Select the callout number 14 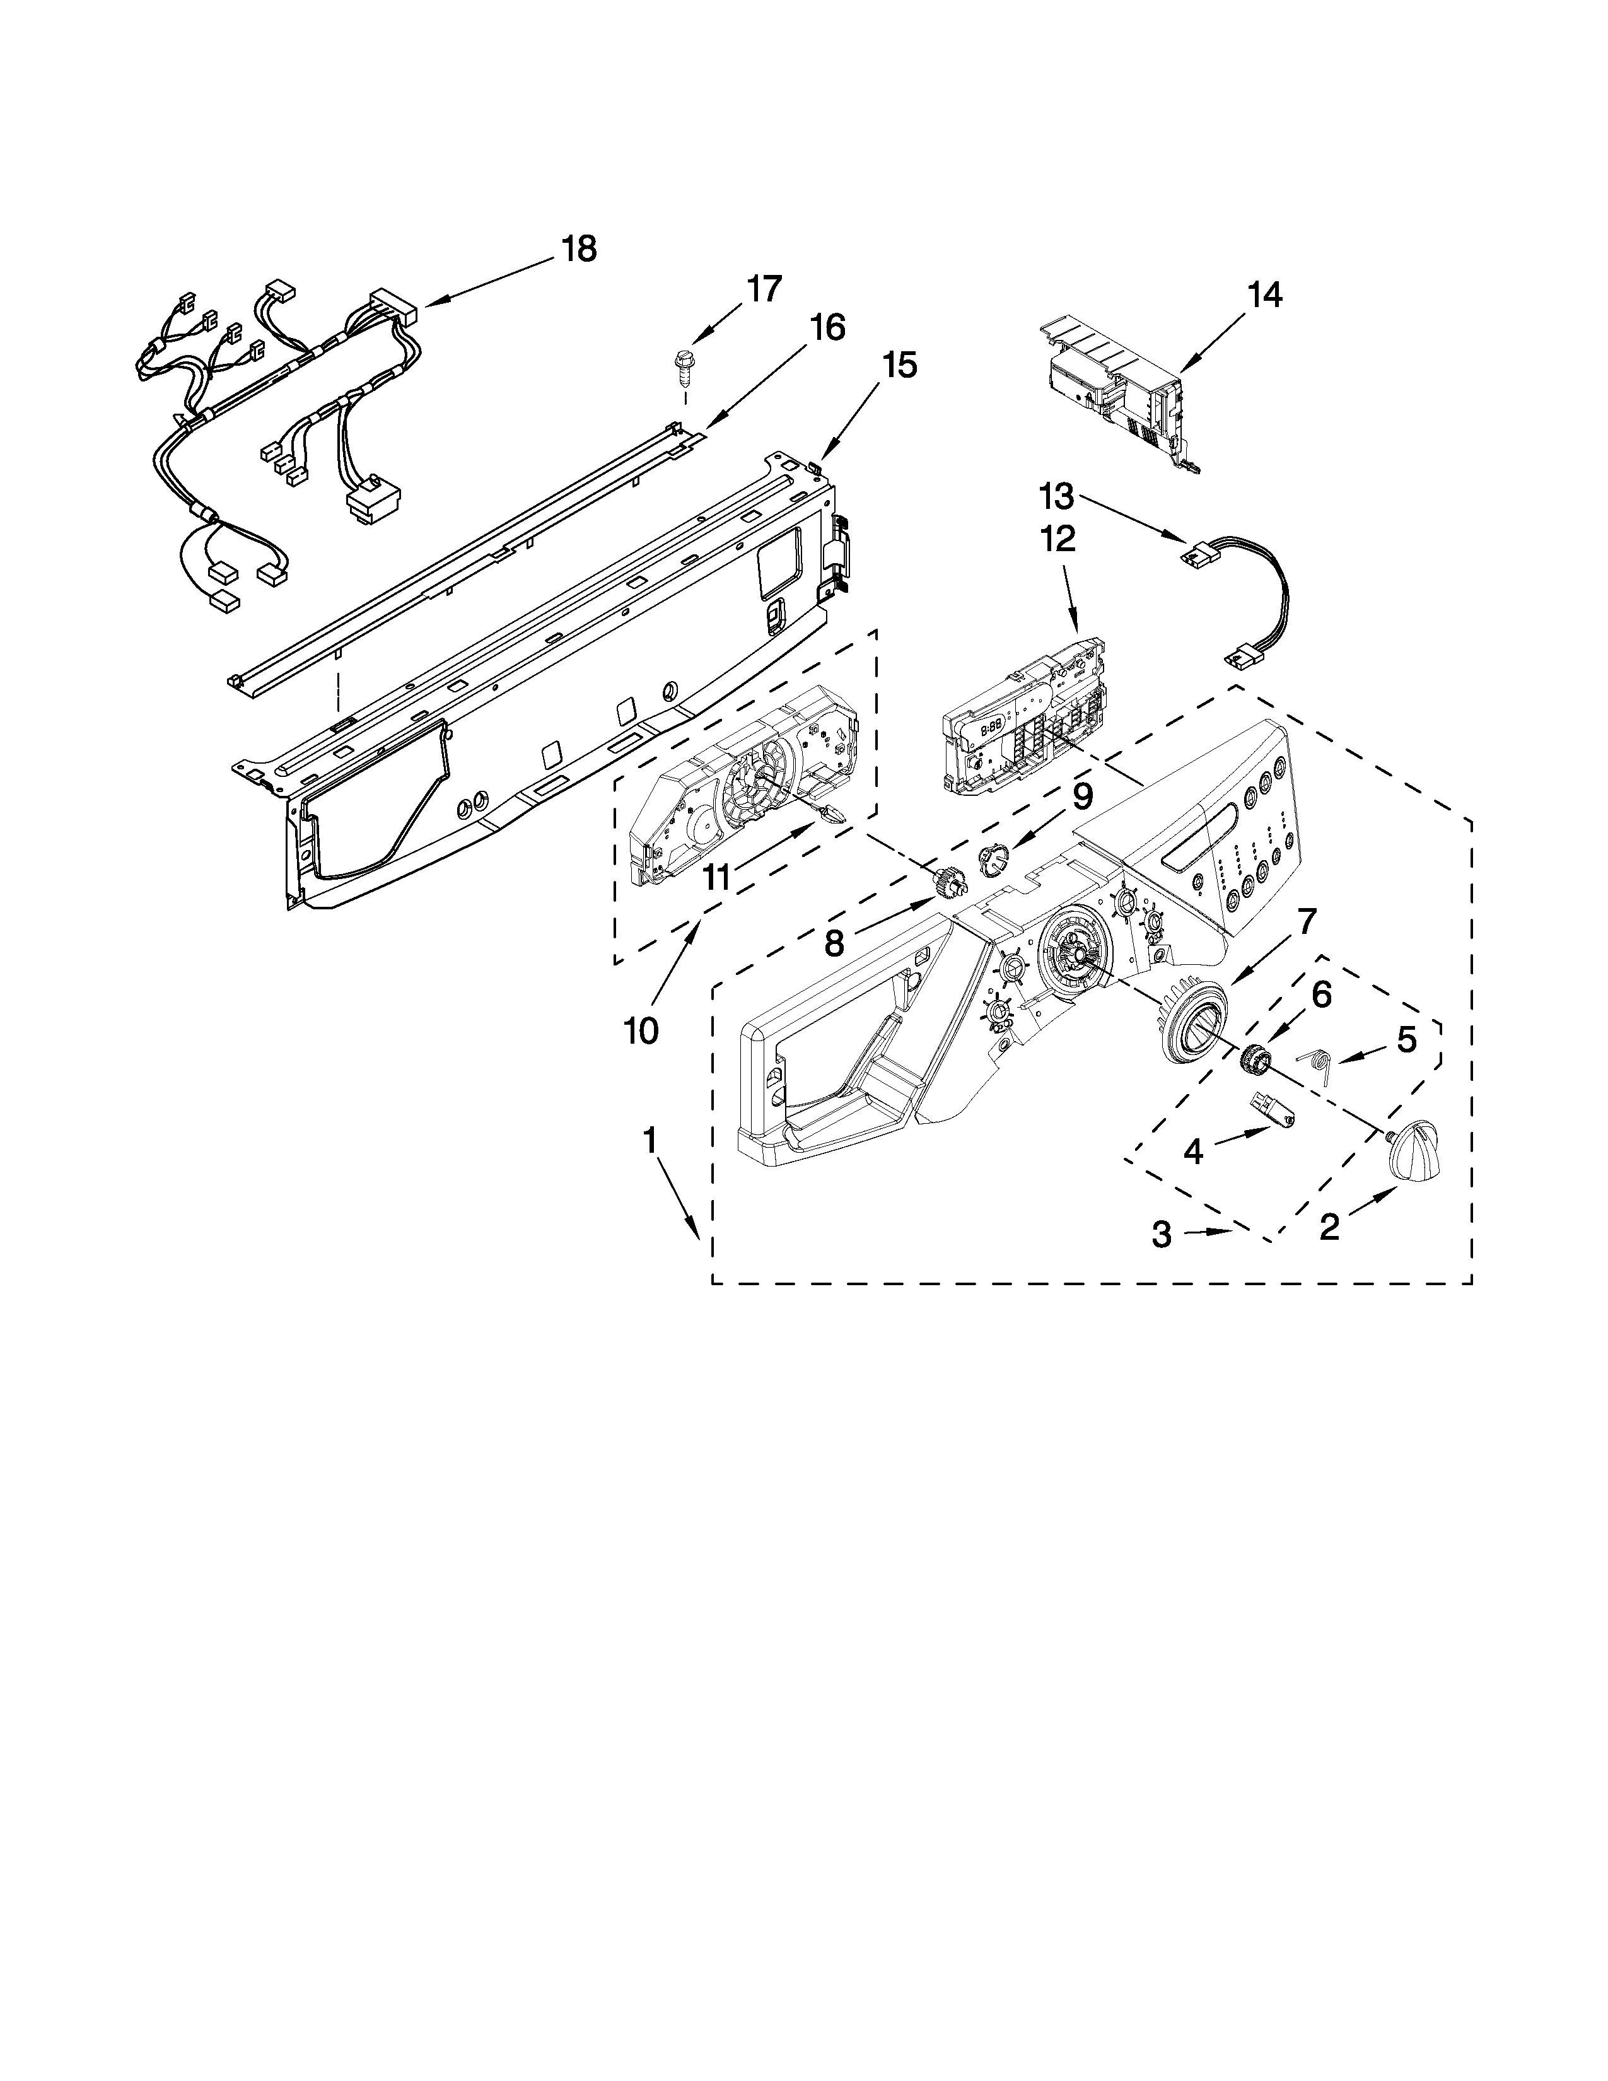pos(1264,294)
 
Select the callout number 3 pos(1161,1235)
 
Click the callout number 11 pos(716,877)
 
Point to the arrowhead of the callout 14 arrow pos(1180,371)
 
